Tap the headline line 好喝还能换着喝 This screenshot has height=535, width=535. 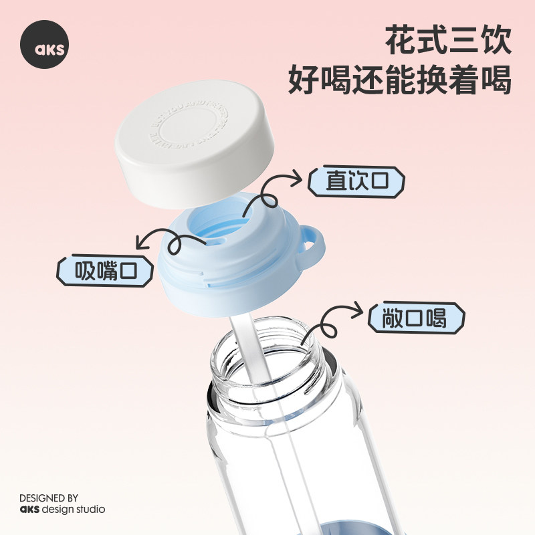pyautogui.click(x=400, y=82)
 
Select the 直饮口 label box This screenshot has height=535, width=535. pyautogui.click(x=356, y=181)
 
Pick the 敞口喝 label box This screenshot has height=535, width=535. pyautogui.click(x=416, y=318)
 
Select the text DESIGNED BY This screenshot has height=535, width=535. pyautogui.click(x=48, y=498)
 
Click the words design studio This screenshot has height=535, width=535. pyautogui.click(x=73, y=510)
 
